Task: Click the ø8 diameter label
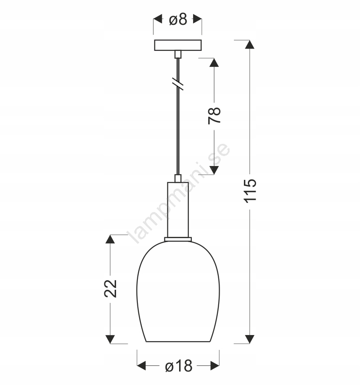click(x=178, y=19)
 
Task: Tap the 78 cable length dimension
click(x=214, y=116)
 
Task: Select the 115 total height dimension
click(x=250, y=191)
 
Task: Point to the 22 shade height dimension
click(x=110, y=289)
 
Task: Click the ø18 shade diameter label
click(x=179, y=366)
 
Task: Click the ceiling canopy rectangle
click(x=178, y=45)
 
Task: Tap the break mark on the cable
click(x=178, y=84)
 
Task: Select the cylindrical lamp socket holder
click(x=178, y=209)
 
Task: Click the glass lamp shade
click(x=178, y=291)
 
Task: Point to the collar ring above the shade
click(x=178, y=239)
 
